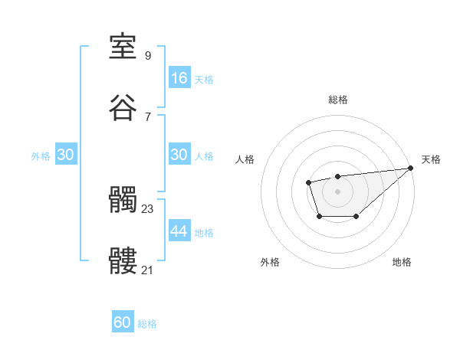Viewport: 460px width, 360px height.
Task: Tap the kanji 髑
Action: click(123, 201)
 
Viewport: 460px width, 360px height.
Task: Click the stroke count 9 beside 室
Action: click(148, 56)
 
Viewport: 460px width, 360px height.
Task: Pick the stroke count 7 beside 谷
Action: click(148, 116)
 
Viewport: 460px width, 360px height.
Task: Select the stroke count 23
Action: click(148, 208)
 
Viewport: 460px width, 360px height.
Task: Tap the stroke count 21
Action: click(148, 270)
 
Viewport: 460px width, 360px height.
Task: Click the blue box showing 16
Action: click(179, 78)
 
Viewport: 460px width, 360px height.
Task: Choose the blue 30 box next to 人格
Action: click(179, 155)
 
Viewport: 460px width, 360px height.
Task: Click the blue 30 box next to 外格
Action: click(66, 155)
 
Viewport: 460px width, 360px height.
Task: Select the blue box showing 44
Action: click(179, 231)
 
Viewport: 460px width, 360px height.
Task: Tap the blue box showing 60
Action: click(123, 322)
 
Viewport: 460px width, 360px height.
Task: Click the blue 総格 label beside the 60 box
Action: click(147, 324)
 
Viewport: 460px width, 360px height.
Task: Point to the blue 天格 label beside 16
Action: click(203, 79)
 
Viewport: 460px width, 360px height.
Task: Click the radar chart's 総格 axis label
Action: click(337, 100)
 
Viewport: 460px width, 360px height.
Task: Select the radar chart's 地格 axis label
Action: click(402, 262)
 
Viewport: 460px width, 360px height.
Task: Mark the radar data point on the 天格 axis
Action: click(410, 168)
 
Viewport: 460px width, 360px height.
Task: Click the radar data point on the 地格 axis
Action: click(356, 218)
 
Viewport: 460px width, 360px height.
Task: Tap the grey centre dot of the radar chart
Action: click(337, 191)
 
